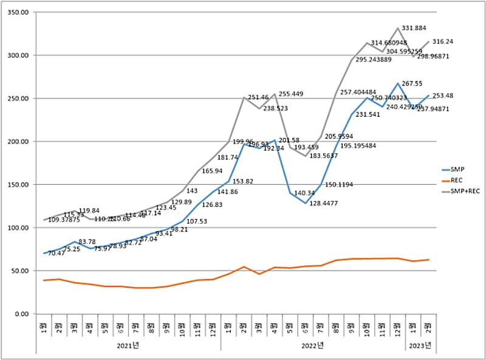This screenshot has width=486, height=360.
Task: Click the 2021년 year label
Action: [x=129, y=346]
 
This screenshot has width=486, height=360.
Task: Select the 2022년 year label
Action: [x=313, y=346]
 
